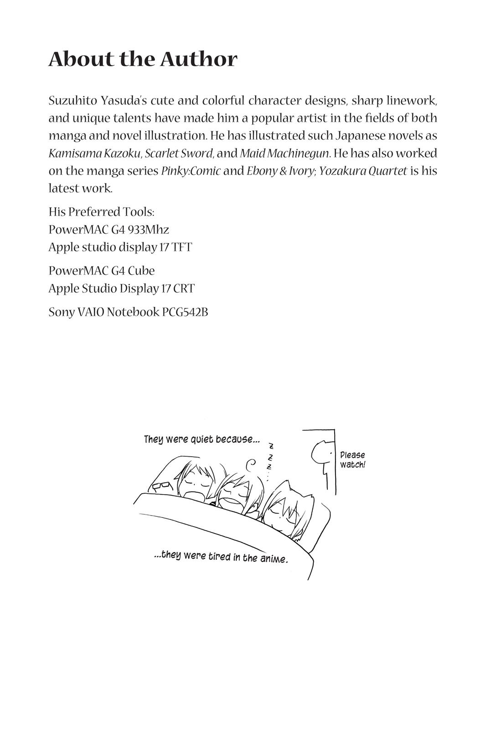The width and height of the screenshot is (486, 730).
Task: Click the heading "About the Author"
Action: point(143,59)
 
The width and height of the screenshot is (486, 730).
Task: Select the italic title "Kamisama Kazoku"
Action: point(94,153)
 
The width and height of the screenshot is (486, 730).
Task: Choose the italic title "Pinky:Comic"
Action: point(191,171)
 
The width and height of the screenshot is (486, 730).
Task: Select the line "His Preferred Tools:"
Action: point(101,212)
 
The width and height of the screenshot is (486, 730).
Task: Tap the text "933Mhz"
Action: point(149,229)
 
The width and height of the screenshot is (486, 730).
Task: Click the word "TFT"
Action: point(182,247)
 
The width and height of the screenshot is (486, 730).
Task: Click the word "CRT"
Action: point(184,288)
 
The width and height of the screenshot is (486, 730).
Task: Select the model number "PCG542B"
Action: point(185,312)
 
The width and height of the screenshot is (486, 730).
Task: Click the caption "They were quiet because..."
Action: point(202,440)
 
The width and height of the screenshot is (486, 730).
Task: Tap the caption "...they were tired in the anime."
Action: point(221,557)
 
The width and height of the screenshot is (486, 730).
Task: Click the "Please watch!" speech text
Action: point(352,460)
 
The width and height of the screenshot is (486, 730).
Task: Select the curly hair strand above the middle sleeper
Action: point(251,465)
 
